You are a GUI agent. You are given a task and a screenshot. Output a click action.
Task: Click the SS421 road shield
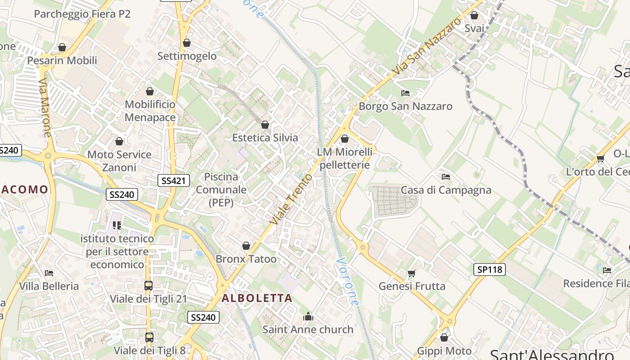tap(174, 180)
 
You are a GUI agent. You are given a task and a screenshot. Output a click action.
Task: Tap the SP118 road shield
tap(490, 270)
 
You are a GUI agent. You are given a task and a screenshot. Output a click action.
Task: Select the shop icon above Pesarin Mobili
tap(62, 47)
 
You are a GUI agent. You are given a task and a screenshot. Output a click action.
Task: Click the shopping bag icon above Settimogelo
tap(187, 43)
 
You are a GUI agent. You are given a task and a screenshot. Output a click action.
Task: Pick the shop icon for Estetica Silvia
tap(265, 124)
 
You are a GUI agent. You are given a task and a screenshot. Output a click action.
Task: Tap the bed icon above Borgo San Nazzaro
tap(405, 93)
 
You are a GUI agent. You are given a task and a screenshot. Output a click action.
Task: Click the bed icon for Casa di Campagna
tap(446, 176)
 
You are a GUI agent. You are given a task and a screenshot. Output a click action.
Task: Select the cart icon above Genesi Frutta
tap(412, 273)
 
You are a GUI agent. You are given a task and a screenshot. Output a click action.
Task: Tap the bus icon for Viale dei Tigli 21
tap(148, 285)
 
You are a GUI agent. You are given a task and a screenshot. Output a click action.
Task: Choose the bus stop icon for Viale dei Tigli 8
tap(149, 337)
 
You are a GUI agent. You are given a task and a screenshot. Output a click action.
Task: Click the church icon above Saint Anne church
tap(308, 316)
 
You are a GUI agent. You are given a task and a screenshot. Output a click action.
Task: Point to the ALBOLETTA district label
tap(257, 298)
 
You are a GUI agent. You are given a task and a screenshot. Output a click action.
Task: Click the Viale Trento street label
tap(291, 198)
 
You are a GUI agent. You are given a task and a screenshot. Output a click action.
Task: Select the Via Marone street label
tap(45, 108)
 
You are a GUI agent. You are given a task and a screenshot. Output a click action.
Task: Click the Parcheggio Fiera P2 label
tap(82, 14)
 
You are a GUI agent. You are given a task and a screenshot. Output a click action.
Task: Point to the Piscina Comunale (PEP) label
tap(221, 189)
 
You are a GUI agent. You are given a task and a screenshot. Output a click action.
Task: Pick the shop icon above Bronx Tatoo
tap(246, 246)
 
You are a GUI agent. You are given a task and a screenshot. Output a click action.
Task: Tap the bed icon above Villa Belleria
tap(49, 273)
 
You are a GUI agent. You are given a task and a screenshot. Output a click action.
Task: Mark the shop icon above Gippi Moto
tap(444, 337)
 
